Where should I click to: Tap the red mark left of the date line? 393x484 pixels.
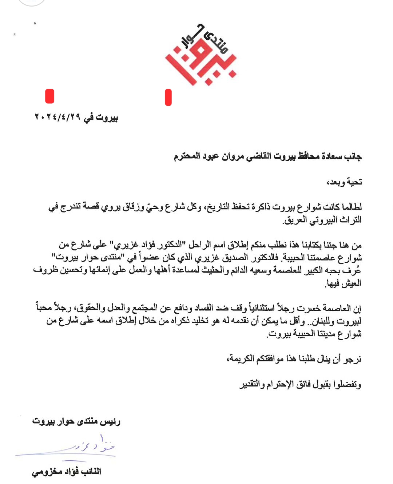pos(49,96)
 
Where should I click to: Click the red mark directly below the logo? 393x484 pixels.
pos(168,97)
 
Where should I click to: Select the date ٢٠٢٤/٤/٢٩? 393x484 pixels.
pos(57,117)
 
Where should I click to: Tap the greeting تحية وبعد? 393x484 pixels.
pos(344,182)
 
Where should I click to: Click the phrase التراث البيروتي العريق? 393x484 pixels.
pos(322,220)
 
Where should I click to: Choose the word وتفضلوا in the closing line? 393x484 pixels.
pos(346,385)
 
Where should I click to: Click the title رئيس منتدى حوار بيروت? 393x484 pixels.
pos(76,421)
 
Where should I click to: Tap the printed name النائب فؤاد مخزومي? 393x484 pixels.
pos(67,472)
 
